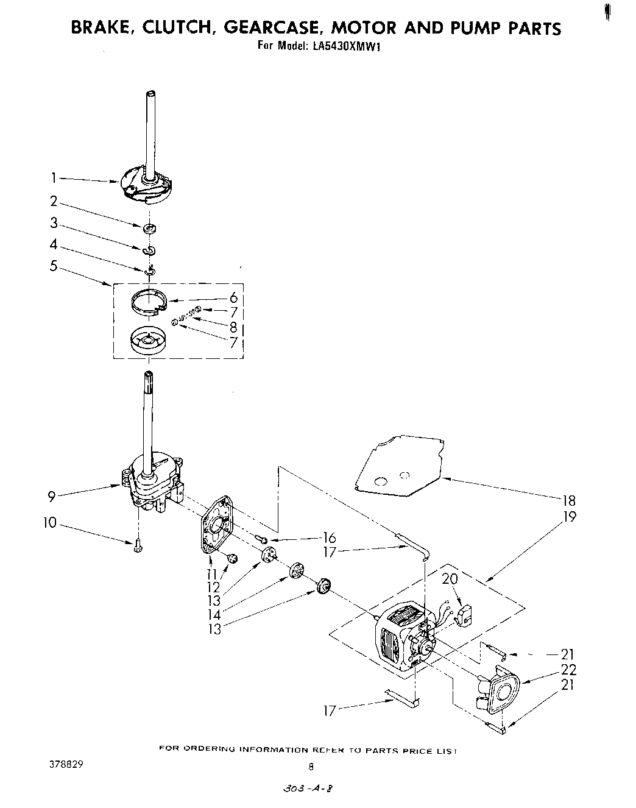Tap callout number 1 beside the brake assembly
pyautogui.click(x=54, y=178)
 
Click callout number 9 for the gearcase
pyautogui.click(x=52, y=496)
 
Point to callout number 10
pyautogui.click(x=50, y=523)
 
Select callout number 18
pyautogui.click(x=569, y=501)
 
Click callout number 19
pyautogui.click(x=569, y=517)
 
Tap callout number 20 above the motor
pyautogui.click(x=450, y=578)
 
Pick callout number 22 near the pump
pyautogui.click(x=568, y=670)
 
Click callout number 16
pyautogui.click(x=329, y=537)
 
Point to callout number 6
pyautogui.click(x=233, y=298)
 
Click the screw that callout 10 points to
pyautogui.click(x=137, y=547)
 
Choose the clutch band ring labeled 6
pyautogui.click(x=149, y=302)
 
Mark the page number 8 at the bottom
pyautogui.click(x=311, y=767)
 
